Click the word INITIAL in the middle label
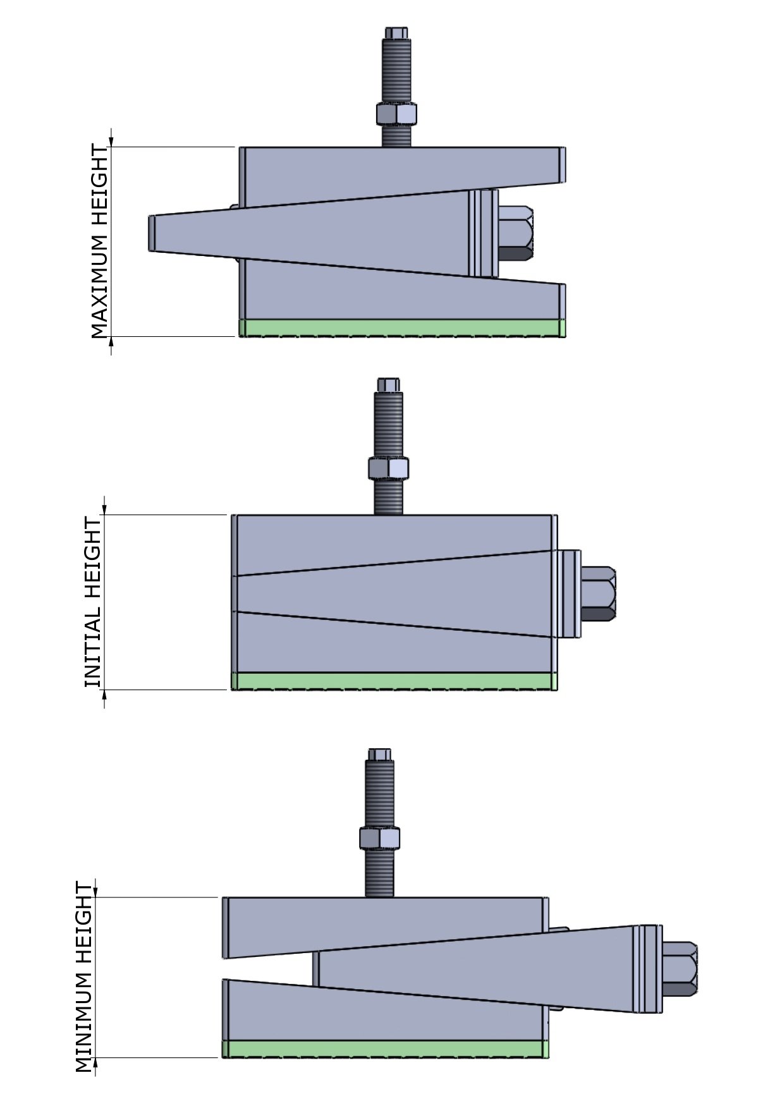click(93, 655)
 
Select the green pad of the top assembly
click(402, 328)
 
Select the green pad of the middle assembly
click(394, 681)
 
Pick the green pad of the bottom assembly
click(385, 1049)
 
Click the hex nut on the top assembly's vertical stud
click(396, 114)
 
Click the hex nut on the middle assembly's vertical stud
click(388, 468)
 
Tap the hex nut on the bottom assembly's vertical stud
click(379, 837)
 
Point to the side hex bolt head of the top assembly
click(515, 233)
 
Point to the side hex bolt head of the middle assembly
click(598, 593)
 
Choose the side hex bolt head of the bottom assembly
click(680, 968)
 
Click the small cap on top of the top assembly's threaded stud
click(396, 32)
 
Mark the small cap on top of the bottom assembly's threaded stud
click(379, 754)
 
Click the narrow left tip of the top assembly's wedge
click(152, 233)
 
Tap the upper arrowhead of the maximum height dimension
click(111, 140)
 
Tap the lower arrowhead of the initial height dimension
click(104, 696)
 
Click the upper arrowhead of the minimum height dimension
click(95, 890)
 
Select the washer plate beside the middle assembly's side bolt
click(567, 593)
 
